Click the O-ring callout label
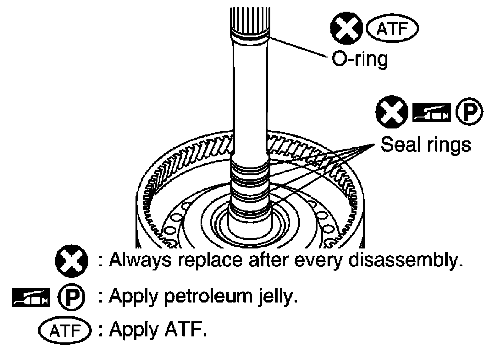[x=360, y=59]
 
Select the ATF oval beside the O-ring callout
[x=392, y=29]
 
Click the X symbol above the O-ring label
[x=346, y=28]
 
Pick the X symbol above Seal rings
[x=392, y=112]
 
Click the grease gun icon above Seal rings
[x=432, y=112]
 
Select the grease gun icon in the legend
[x=31, y=297]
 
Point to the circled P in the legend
[x=71, y=297]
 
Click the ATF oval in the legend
[x=65, y=330]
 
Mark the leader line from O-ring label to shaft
[x=299, y=47]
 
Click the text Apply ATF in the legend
[x=158, y=331]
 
